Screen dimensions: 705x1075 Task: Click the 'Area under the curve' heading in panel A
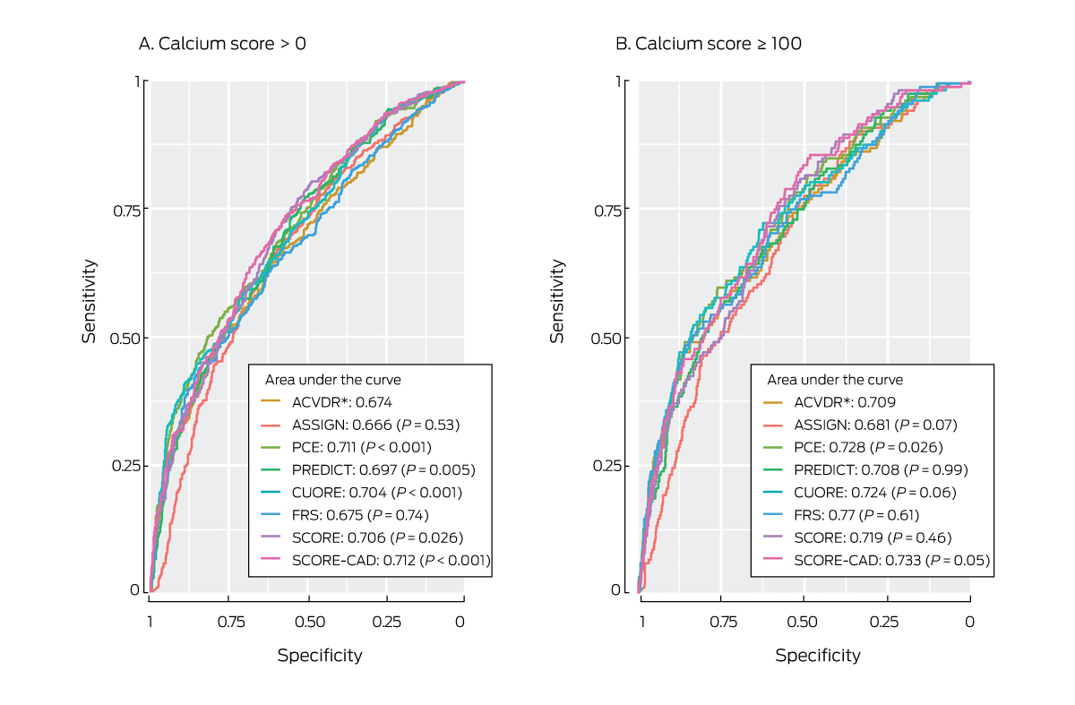click(333, 380)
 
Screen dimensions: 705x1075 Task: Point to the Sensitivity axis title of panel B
click(558, 301)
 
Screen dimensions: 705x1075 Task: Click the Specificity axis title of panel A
click(320, 655)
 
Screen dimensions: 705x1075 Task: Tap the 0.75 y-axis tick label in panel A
click(129, 209)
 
